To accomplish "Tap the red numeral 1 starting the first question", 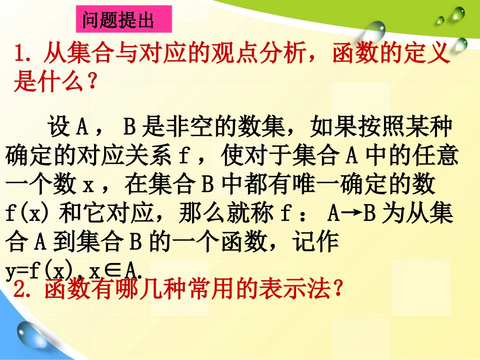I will click(21, 54).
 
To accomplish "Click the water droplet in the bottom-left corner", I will click(30, 333).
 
